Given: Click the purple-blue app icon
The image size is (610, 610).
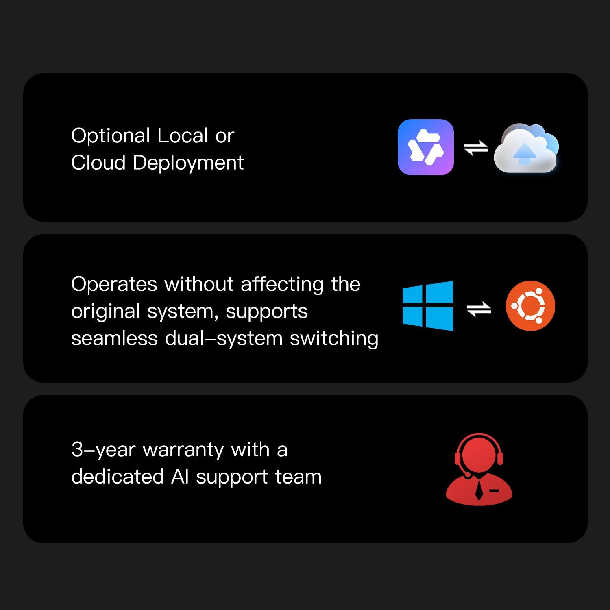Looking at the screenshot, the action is point(425,147).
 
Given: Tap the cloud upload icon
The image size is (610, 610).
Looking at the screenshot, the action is point(526,148).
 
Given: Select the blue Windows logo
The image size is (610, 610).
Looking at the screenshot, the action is point(428,306).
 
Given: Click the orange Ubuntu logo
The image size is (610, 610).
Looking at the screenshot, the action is point(530,306).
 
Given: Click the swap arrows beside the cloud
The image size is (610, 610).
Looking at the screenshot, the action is point(476,148).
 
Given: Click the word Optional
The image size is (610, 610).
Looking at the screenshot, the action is point(111,136).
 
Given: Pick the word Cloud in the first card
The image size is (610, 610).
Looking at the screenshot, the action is point(98,163).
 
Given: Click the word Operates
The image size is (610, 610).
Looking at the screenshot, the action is point(114,285).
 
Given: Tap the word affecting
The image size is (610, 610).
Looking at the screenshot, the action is point(282,284).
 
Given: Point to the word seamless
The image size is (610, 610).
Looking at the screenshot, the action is point(114,339).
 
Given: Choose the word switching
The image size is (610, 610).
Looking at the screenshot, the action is point(334,339).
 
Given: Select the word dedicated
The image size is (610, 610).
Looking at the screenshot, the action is point(118,477).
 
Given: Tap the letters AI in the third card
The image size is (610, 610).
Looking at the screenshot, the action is point(180,477).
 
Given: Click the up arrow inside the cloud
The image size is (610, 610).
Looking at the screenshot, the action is point(525,153).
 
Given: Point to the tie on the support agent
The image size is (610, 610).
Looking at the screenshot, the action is point(479,490).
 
